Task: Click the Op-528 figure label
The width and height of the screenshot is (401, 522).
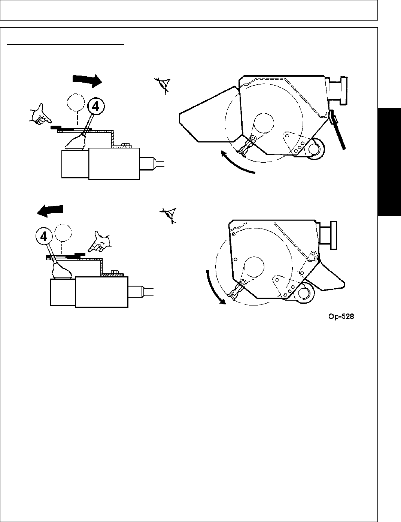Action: coord(340,317)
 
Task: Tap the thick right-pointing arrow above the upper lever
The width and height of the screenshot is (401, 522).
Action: coord(87,79)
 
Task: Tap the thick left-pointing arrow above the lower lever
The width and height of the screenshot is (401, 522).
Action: coord(51,211)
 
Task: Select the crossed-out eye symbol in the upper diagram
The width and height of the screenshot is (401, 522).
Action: coord(164,85)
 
